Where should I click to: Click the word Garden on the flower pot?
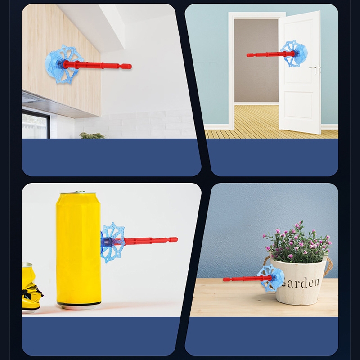300,283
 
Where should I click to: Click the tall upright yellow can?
78,250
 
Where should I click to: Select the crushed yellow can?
31,288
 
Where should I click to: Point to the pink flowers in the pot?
298,242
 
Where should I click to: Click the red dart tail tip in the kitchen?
130,67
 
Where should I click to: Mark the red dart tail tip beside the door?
248,55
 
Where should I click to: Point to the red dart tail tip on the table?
225,279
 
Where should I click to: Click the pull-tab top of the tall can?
78,193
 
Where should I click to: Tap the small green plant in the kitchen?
92,135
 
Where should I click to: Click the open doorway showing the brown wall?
256,61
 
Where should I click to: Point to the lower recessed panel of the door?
299,105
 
